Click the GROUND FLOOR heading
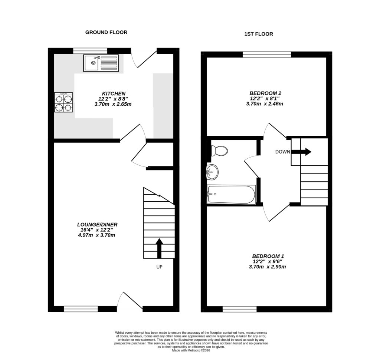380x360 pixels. pos(106,32)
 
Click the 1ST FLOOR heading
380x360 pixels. pos(259,34)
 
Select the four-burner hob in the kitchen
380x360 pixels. pos(63,103)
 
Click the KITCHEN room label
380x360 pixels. pos(114,93)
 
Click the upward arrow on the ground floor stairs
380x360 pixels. pos(159,248)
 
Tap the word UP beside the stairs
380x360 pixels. pos(159,267)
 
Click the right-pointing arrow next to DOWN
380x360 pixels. pos(301,152)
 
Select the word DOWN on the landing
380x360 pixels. pos(282,152)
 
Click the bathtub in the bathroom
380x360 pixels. pos(231,194)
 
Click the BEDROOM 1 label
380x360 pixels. pos(268,256)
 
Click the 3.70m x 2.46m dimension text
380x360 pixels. pos(265,104)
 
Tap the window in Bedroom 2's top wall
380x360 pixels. pos(267,55)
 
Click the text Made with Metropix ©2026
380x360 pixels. pos(191,350)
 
